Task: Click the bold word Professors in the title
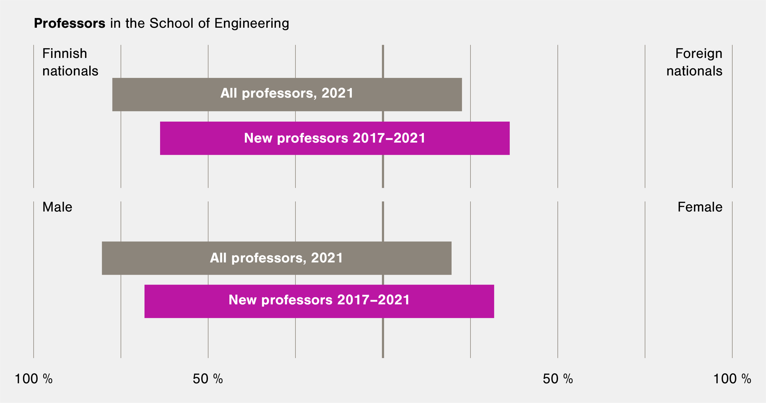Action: [70, 24]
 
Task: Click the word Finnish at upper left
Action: [65, 54]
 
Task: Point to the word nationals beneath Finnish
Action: [70, 71]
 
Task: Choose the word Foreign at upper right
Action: [698, 54]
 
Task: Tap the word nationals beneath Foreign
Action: [694, 71]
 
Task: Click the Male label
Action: [57, 207]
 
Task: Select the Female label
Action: [700, 207]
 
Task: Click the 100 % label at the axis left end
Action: [34, 379]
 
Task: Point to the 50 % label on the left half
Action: [208, 379]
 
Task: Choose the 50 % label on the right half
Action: [558, 379]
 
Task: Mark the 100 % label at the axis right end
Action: [732, 379]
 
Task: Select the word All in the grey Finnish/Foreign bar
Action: [229, 93]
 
